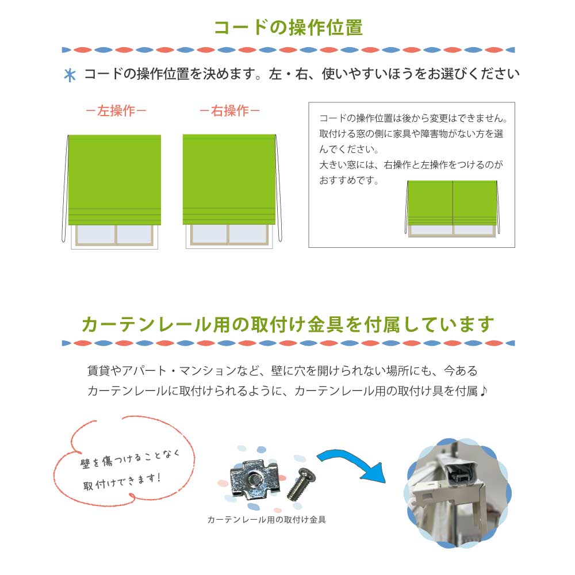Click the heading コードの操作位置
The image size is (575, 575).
[x=288, y=28]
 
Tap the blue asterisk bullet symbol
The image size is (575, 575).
[x=70, y=75]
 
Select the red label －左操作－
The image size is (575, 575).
[x=116, y=110]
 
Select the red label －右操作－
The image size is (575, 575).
[x=229, y=110]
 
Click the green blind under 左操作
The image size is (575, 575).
[x=115, y=179]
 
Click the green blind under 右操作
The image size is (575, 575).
[x=229, y=179]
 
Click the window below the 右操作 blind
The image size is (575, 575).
[x=229, y=235]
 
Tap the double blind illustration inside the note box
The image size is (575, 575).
[x=452, y=208]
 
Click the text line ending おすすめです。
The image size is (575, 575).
[x=349, y=181]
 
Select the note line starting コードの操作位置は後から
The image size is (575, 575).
[x=413, y=118]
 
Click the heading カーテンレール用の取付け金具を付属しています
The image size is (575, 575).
[x=288, y=324]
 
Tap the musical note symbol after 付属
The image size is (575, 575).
[x=484, y=391]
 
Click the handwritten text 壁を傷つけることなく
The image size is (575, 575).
[x=129, y=459]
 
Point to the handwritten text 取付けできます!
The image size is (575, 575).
[x=122, y=482]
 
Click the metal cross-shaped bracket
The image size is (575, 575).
[x=254, y=480]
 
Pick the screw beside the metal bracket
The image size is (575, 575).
[x=301, y=484]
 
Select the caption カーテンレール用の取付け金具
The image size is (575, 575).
[x=267, y=520]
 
